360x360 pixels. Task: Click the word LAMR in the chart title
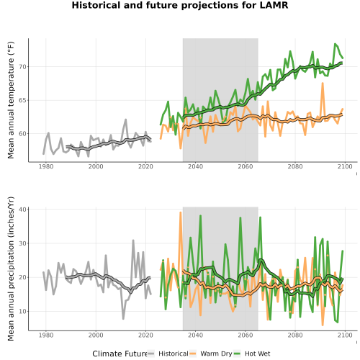(x=274, y=5)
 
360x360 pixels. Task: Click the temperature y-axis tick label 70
(x=22, y=67)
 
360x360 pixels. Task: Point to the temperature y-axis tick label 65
(x=22, y=100)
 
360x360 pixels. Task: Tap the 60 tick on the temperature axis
(x=22, y=134)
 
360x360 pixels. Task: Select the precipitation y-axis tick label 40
(x=22, y=210)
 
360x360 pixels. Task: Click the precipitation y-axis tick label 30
(x=22, y=243)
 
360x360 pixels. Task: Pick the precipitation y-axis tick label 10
(x=22, y=312)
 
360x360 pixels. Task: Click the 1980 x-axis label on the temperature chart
(x=46, y=166)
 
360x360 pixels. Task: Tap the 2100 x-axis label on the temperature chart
(x=345, y=166)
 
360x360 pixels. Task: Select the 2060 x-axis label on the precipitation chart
(x=246, y=335)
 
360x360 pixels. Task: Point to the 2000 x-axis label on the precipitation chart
(x=96, y=335)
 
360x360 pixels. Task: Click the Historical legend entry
(x=168, y=354)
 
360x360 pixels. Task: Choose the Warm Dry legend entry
(x=211, y=354)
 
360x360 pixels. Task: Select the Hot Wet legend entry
(x=252, y=354)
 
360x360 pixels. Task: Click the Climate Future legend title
(x=120, y=354)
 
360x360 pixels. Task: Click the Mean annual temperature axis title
(x=11, y=100)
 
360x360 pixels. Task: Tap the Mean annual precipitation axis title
(x=11, y=269)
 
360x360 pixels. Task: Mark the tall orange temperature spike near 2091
(x=323, y=83)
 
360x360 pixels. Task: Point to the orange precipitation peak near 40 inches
(x=181, y=212)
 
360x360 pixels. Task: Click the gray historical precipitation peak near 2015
(x=133, y=240)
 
